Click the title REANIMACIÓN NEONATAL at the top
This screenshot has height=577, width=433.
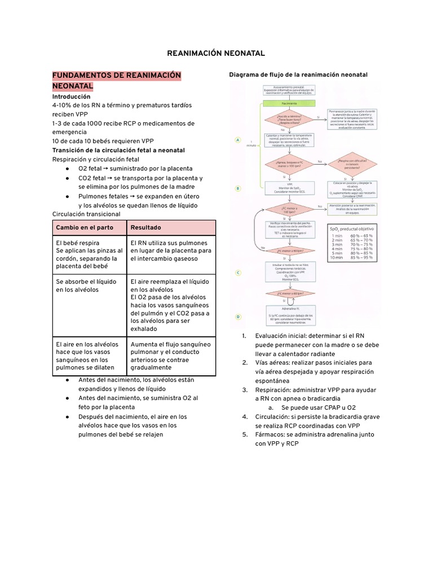[x=216, y=53]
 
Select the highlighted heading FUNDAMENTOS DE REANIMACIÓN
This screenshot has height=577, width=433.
[x=117, y=76]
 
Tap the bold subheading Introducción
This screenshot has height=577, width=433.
[x=71, y=96]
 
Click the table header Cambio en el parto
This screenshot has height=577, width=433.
[x=84, y=228]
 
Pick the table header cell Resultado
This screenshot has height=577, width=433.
[x=145, y=228]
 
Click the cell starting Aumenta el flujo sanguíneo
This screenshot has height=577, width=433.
[x=171, y=356]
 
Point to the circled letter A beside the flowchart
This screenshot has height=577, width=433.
[x=238, y=140]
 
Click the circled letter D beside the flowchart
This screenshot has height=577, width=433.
[x=238, y=317]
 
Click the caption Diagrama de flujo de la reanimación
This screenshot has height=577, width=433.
[x=298, y=74]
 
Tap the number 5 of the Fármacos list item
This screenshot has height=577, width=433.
[x=244, y=435]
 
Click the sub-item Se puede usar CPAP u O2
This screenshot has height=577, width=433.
[x=319, y=407]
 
